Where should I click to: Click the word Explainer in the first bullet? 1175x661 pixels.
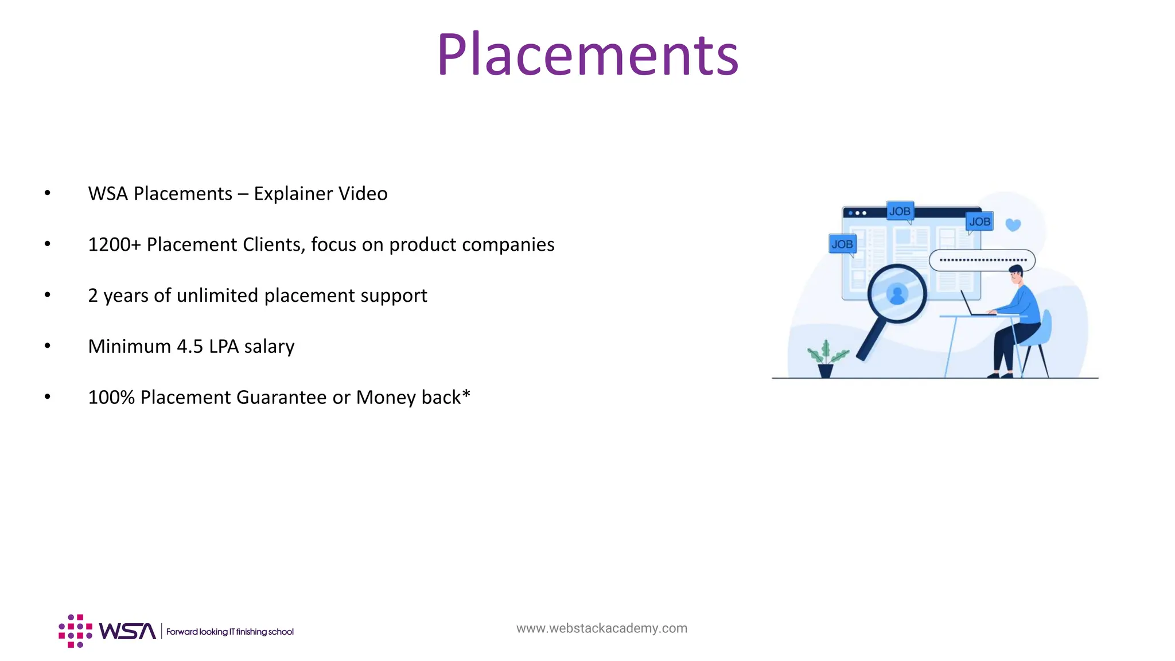(x=293, y=194)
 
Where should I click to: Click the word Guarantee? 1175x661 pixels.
(x=281, y=398)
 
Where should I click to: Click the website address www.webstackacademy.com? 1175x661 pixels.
(x=601, y=628)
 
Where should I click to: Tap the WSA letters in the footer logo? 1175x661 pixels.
(x=127, y=631)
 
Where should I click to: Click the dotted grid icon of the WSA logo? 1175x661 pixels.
(x=75, y=631)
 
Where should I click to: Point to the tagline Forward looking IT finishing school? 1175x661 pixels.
(x=229, y=632)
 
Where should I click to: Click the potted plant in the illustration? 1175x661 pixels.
(x=826, y=359)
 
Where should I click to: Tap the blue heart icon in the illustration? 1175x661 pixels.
(x=1013, y=225)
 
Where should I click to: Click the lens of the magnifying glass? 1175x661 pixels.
(x=897, y=294)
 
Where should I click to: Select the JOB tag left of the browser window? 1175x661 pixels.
(x=842, y=244)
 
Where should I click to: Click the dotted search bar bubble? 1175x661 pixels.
(x=982, y=260)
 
